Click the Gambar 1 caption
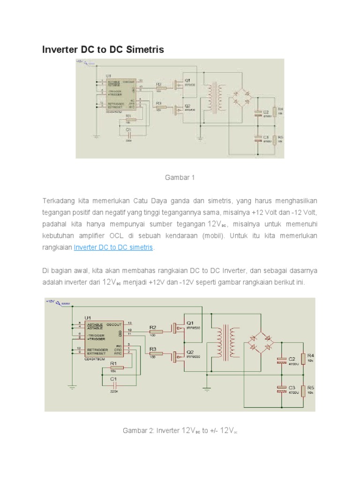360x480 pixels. pos(179,178)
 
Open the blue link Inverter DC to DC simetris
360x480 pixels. pos(114,247)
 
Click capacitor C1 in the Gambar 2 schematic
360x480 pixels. pos(113,382)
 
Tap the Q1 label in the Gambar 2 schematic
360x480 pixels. pos(190,323)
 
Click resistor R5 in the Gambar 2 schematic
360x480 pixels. pos(303,390)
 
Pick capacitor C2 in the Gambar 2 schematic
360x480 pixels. pos(281,360)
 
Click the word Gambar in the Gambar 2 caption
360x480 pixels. pos(134,430)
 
